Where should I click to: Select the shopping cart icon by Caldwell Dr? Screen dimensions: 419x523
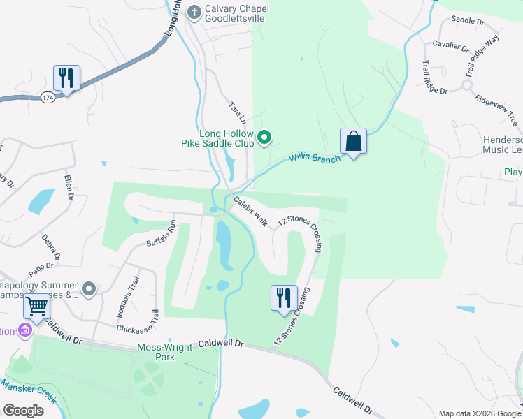point(37,306)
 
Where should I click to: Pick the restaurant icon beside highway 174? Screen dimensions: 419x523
point(66,78)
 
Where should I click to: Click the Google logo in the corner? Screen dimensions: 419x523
point(23,410)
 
